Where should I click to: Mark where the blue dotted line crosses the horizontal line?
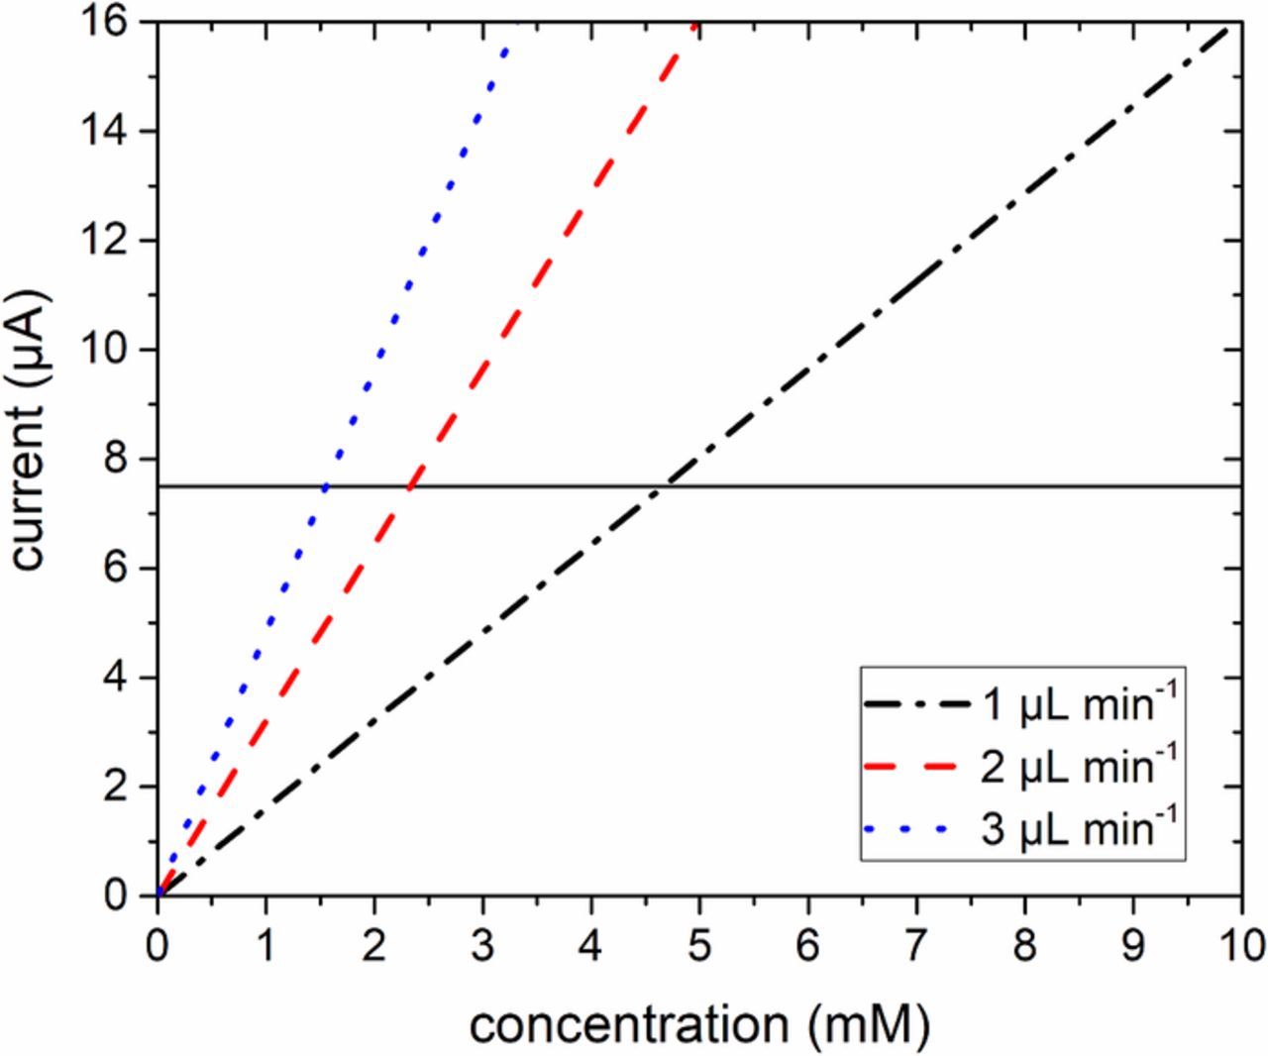pyautogui.click(x=325, y=486)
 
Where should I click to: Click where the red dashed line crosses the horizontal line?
pyautogui.click(x=410, y=486)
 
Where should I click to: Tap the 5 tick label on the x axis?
pyautogui.click(x=699, y=943)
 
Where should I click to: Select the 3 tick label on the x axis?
pyautogui.click(x=482, y=943)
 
